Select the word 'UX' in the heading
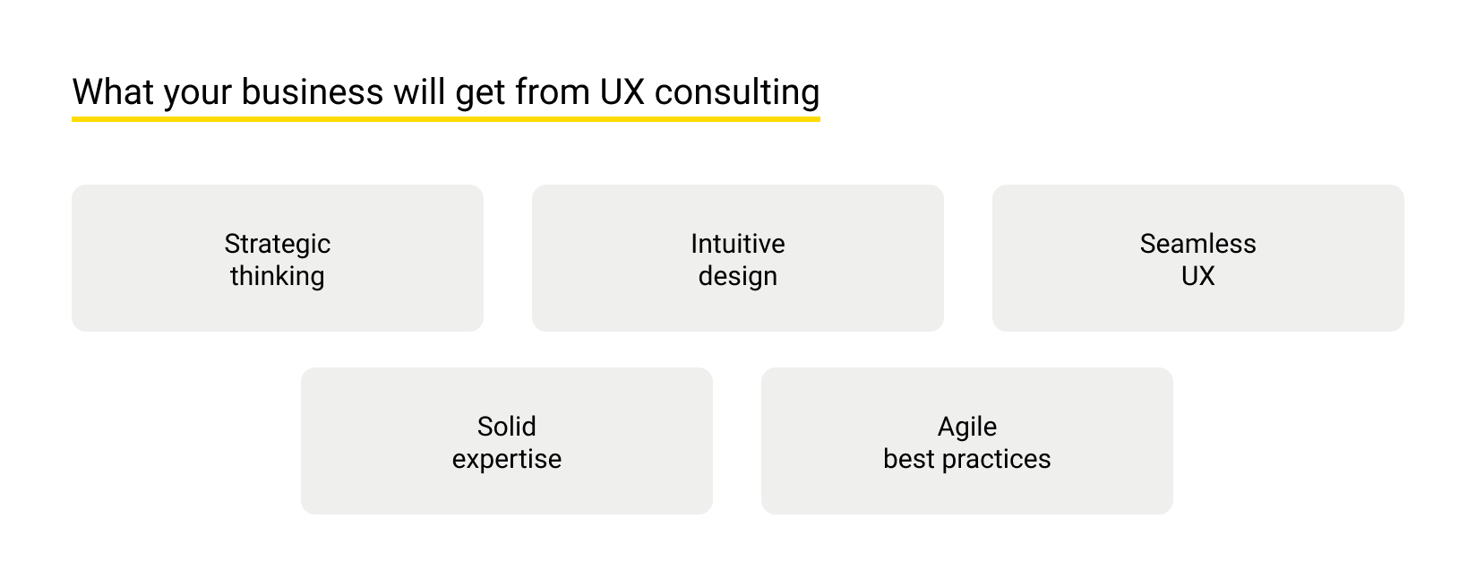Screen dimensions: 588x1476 click(x=622, y=92)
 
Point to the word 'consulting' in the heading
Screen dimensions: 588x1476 click(x=737, y=93)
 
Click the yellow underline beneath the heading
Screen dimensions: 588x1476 click(x=445, y=117)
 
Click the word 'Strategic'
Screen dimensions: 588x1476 click(x=278, y=244)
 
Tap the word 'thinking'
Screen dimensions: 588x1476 click(x=278, y=276)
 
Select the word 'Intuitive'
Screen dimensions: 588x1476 click(x=738, y=244)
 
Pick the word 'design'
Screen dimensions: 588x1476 click(x=738, y=276)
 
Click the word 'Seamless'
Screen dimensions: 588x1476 click(x=1197, y=244)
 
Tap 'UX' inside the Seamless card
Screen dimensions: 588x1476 click(x=1197, y=276)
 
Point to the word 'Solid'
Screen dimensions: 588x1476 click(x=507, y=427)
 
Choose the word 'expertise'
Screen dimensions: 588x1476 click(x=507, y=459)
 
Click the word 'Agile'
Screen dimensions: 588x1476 click(x=967, y=427)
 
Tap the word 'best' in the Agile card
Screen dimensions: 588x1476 click(x=909, y=459)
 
